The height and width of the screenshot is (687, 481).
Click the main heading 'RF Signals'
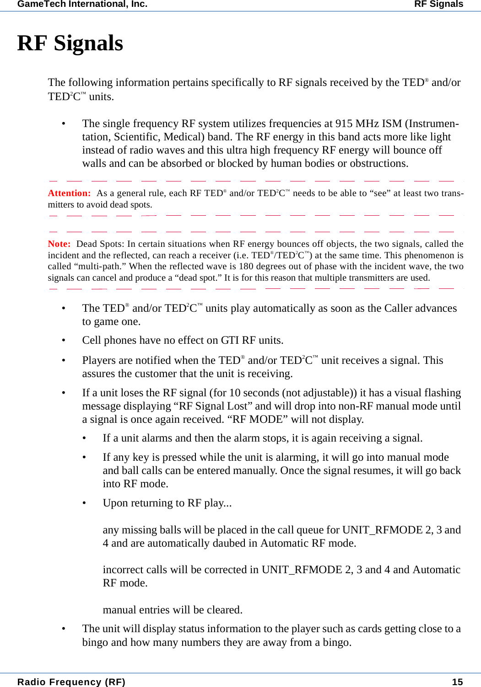pos(70,43)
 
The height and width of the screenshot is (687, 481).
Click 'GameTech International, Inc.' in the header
pos(82,5)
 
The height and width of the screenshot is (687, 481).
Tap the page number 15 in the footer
pos(457,682)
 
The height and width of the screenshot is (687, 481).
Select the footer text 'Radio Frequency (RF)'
pos(71,682)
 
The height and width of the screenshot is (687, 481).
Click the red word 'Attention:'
pos(69,193)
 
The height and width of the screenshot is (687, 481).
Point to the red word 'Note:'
pos(59,244)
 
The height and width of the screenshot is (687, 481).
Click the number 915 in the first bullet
pos(344,124)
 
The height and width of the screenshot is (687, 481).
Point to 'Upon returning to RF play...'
pos(167,503)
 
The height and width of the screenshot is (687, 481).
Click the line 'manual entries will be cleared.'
pos(173,610)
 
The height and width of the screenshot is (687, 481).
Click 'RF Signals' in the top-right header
pos(438,5)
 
